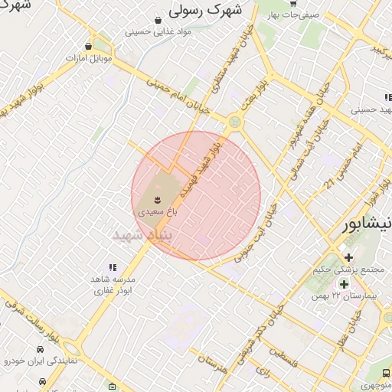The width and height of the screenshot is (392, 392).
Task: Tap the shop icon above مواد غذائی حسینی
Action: pyautogui.click(x=158, y=21)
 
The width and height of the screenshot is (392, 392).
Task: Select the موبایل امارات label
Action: pyautogui.click(x=89, y=57)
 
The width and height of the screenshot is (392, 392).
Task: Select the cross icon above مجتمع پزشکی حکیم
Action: pyautogui.click(x=348, y=256)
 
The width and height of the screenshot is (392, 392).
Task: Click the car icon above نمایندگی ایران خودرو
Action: pyautogui.click(x=40, y=348)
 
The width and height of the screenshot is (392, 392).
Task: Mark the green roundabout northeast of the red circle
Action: pyautogui.click(x=234, y=122)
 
